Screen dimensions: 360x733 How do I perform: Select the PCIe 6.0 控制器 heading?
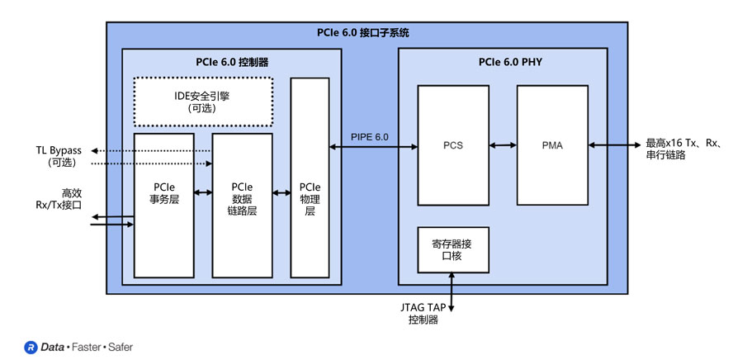click(232, 62)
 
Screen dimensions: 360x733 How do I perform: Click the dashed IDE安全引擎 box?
click(202, 102)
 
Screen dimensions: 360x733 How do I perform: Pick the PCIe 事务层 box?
click(163, 205)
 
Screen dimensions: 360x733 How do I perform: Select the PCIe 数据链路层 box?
click(242, 205)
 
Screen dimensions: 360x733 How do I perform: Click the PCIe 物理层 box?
click(310, 177)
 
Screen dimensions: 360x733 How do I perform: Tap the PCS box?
click(452, 145)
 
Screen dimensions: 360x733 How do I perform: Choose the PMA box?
click(552, 145)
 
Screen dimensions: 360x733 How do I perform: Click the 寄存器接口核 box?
click(452, 249)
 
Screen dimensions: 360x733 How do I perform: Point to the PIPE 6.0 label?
click(370, 136)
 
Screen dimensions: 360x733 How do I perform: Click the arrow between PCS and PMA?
click(503, 145)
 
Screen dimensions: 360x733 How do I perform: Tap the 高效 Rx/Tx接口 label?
click(66, 199)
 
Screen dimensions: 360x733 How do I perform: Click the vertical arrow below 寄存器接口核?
click(452, 291)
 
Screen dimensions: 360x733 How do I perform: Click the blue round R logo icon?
click(31, 348)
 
